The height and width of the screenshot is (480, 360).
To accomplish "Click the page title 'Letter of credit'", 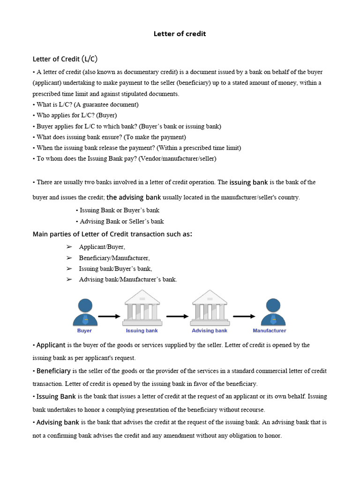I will coord(180,34).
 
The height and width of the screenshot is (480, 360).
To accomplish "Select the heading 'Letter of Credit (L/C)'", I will coord(65,59).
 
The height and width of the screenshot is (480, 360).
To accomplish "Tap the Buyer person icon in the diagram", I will coord(85,312).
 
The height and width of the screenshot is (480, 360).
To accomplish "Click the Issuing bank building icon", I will coord(142,308).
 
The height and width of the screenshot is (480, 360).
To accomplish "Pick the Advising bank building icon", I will coord(209,308).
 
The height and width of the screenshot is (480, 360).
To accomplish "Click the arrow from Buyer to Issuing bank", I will coord(109,316).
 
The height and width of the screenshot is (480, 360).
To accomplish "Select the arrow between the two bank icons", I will coord(177,316).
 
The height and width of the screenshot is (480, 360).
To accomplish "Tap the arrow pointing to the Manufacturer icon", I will coord(244,316).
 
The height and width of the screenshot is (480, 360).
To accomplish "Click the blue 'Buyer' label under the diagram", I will coord(85,330).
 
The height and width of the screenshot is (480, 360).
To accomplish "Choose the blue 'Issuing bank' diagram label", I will coord(142,330).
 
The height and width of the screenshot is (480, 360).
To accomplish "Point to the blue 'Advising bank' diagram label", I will coord(209,330).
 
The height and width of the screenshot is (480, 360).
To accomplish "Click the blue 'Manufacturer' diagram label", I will coord(270,330).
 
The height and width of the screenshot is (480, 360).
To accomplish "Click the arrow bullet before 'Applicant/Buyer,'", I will coord(69,247).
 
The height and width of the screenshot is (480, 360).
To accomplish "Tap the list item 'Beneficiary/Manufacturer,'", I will coord(114,258).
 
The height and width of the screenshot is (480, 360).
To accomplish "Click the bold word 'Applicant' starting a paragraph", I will coord(51,345).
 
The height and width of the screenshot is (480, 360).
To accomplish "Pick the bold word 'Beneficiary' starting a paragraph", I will coord(53,371).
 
